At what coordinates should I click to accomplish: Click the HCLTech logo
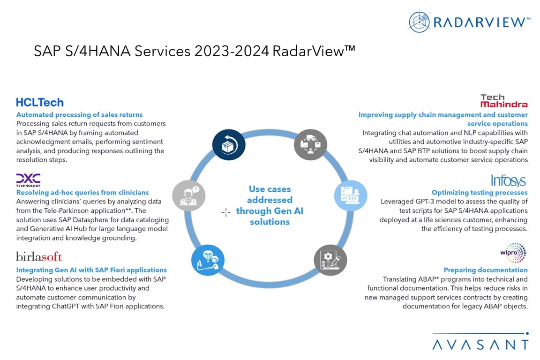pyautogui.click(x=40, y=102)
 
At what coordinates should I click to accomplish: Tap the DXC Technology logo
pyautogui.click(x=28, y=180)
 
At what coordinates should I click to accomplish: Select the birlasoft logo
pyautogui.click(x=39, y=257)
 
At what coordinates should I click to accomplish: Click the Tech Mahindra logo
pyautogui.click(x=504, y=101)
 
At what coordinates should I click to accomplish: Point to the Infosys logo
pyautogui.click(x=508, y=180)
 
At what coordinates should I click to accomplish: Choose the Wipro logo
pyautogui.click(x=513, y=253)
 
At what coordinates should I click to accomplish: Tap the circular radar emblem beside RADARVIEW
pyautogui.click(x=419, y=22)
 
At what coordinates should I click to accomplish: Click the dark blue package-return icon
pyautogui.click(x=229, y=145)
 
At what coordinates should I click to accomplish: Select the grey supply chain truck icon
pyautogui.click(x=310, y=145)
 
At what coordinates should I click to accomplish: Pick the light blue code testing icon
pyautogui.click(x=351, y=195)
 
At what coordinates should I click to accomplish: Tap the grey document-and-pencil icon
pyautogui.click(x=330, y=260)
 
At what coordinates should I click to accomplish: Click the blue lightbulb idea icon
pyautogui.click(x=208, y=260)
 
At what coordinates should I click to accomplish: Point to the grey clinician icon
pyautogui.click(x=189, y=195)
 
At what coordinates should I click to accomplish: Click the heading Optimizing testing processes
pyautogui.click(x=480, y=193)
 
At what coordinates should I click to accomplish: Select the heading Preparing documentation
pyautogui.click(x=486, y=270)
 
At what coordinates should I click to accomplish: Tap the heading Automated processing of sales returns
pyautogui.click(x=79, y=115)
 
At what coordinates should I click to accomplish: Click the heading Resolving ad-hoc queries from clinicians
pyautogui.click(x=82, y=193)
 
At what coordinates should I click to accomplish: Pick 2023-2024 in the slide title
pyautogui.click(x=232, y=52)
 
